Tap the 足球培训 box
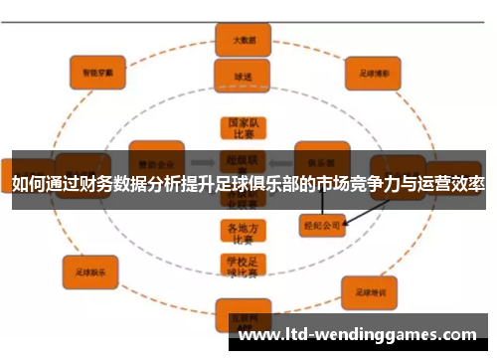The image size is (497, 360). pos(368,291)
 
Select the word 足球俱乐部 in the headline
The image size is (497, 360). pos(272,186)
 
